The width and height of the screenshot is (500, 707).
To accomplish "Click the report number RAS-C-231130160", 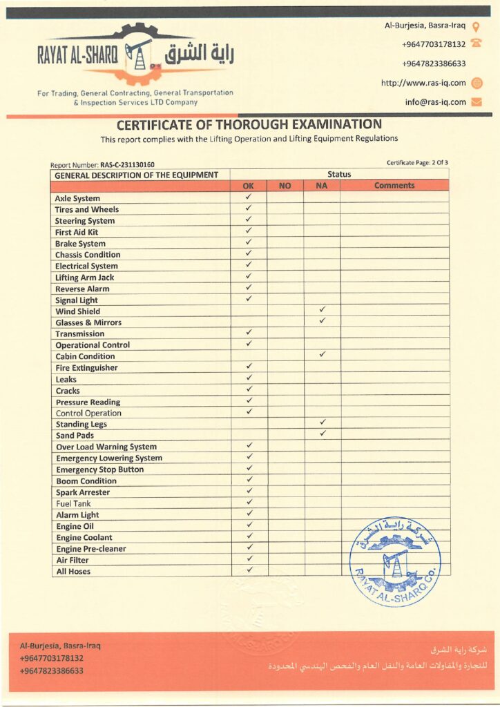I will [x=127, y=165].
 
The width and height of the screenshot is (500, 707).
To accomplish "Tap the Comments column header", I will [x=394, y=186].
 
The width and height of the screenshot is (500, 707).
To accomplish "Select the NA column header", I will [x=321, y=186].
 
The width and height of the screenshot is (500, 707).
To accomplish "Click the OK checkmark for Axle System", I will [x=249, y=197].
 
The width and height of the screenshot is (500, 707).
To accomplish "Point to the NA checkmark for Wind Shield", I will [x=322, y=310].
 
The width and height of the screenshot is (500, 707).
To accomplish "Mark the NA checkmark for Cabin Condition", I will [x=322, y=355].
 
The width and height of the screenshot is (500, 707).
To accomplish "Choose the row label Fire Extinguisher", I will [x=86, y=368].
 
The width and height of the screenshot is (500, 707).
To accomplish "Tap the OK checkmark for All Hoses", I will [x=249, y=570].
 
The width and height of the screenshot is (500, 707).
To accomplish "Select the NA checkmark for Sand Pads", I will [x=322, y=434].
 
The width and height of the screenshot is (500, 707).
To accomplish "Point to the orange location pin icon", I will [x=476, y=26].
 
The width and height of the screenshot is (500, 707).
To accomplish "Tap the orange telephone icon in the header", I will [x=476, y=44].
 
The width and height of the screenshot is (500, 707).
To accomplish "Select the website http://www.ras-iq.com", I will [x=423, y=83].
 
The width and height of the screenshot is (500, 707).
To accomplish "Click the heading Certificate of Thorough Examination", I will [x=249, y=125].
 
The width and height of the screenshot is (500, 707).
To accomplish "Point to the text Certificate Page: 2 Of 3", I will [x=417, y=163].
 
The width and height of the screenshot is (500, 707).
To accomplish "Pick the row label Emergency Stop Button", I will [x=99, y=469].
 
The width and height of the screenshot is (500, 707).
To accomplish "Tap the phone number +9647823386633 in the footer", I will [x=52, y=670].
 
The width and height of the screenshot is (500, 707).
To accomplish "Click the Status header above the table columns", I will [x=339, y=175].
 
